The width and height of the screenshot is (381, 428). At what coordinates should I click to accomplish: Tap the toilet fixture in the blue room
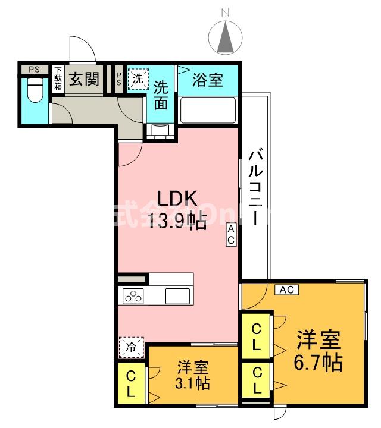click(35, 93)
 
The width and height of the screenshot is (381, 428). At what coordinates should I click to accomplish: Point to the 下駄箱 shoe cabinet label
click(58, 79)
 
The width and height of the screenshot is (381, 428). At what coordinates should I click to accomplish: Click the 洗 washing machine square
click(138, 78)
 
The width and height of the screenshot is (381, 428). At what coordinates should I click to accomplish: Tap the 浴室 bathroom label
click(208, 79)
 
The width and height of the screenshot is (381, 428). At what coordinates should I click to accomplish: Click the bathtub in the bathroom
click(208, 111)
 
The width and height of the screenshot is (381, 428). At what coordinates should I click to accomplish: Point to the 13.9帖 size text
click(177, 222)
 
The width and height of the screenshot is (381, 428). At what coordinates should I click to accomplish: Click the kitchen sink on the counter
click(178, 295)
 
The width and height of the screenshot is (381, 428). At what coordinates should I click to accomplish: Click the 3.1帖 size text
click(192, 383)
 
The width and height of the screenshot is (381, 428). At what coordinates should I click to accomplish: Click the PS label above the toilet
click(35, 69)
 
